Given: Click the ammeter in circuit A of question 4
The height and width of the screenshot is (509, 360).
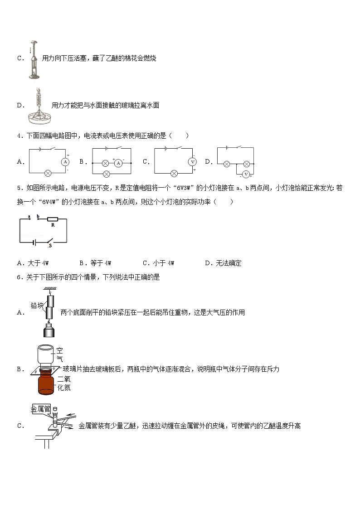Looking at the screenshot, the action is click(65, 161).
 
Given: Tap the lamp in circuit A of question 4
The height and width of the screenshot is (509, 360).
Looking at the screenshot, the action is click(47, 173).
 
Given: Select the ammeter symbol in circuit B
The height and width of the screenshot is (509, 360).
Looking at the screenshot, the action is click(118, 162).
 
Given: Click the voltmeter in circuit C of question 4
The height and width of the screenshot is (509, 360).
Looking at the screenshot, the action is click(192, 161).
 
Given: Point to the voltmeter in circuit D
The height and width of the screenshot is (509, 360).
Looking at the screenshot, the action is click(246, 174).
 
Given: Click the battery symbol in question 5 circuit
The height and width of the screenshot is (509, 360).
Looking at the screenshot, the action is click(34, 242).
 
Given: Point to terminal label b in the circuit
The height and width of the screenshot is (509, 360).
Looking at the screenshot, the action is click(38, 216).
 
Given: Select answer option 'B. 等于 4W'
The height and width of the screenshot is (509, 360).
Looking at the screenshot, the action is click(95, 263).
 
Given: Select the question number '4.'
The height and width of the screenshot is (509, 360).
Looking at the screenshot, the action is click(19, 135).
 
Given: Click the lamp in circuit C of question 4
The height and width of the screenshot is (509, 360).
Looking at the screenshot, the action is click(173, 173).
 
